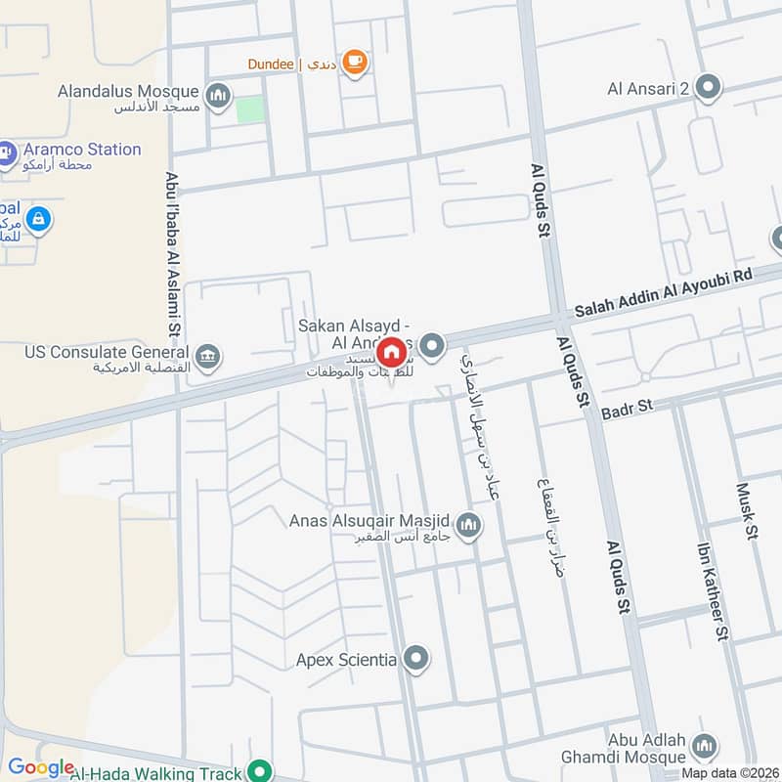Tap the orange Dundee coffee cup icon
(x=355, y=63)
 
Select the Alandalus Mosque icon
(x=218, y=95)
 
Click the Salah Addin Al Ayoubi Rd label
(x=664, y=292)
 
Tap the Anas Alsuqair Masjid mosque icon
(x=470, y=526)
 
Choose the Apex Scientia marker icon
(x=417, y=659)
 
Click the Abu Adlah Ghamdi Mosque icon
(x=704, y=748)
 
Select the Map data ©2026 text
(x=730, y=772)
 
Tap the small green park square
(x=251, y=109)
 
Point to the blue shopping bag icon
(x=37, y=219)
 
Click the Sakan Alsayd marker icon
(x=432, y=345)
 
